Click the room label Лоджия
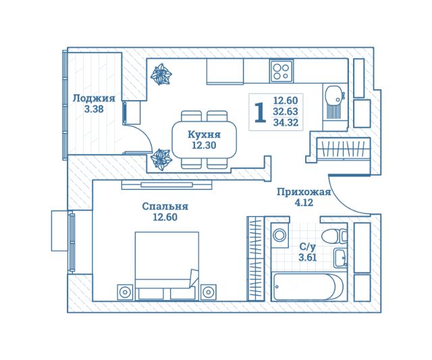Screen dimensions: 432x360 94,99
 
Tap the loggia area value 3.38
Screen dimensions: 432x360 94,109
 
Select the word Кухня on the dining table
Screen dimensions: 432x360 204,134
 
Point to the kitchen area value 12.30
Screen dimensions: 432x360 204,145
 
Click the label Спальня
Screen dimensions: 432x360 165,206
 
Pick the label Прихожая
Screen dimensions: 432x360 304,192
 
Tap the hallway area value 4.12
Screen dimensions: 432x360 304,203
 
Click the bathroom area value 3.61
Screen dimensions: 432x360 308,257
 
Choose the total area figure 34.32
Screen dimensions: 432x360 286,122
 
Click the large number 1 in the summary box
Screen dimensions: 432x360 260,112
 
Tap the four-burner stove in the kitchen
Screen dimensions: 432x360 281,71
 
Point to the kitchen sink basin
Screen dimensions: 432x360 333,95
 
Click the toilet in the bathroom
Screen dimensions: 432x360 334,236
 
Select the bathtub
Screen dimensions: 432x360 308,286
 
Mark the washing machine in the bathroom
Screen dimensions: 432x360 279,236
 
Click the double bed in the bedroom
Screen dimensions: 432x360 167,266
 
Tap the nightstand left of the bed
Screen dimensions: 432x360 125,292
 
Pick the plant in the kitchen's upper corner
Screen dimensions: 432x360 161,74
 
